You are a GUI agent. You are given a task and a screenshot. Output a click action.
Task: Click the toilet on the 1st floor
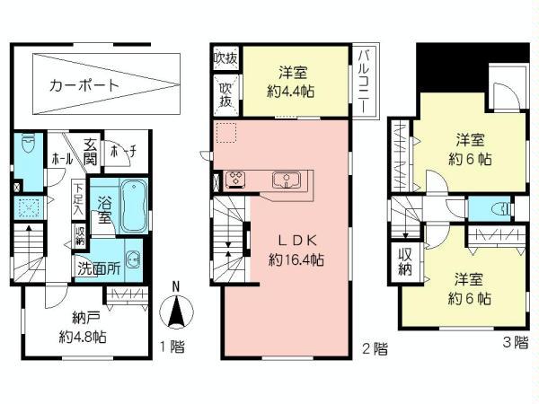(29, 145)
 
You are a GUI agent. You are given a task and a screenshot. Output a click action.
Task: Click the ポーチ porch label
(122, 154)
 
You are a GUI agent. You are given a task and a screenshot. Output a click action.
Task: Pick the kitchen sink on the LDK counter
(285, 180)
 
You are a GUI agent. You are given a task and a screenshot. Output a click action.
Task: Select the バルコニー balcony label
(364, 80)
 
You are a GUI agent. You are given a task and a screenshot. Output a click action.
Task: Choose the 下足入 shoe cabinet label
(79, 198)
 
